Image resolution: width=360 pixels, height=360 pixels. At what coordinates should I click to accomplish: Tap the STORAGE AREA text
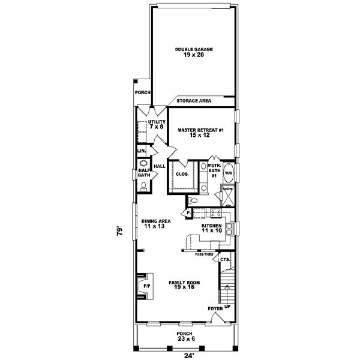(193, 101)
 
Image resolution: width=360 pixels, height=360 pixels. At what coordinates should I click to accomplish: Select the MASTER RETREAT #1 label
(200, 132)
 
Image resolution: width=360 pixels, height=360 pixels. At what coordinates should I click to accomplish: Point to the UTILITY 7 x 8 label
(157, 124)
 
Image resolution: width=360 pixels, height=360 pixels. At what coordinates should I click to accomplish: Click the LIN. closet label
(142, 151)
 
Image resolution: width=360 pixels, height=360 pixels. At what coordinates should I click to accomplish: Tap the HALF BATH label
(143, 172)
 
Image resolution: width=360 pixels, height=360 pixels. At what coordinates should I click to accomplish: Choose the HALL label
(160, 166)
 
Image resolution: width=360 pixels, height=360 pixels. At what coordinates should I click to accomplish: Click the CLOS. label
(182, 174)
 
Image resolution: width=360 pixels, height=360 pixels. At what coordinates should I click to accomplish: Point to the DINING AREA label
(157, 223)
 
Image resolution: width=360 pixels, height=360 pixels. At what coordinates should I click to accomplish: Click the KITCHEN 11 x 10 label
(212, 228)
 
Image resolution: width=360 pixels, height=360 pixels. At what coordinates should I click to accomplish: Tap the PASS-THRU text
(204, 255)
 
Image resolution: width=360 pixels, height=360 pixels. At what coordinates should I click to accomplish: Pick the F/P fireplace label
(145, 287)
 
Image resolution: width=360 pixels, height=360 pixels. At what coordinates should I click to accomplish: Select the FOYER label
(216, 308)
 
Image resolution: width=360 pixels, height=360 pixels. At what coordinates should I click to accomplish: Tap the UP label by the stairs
(227, 305)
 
